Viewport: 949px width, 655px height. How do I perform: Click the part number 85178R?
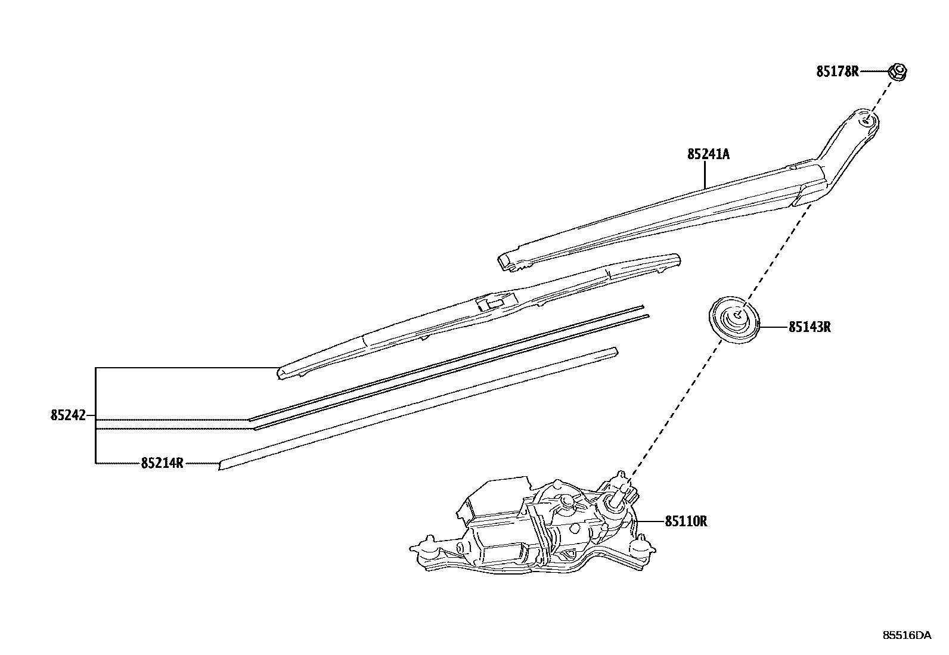click(x=837, y=72)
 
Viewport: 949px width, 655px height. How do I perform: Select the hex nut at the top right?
click(x=897, y=72)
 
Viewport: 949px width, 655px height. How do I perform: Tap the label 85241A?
click(x=708, y=154)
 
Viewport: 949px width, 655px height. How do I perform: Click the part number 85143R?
click(x=810, y=327)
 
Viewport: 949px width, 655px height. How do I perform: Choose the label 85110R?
click(x=686, y=521)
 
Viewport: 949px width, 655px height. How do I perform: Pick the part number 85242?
click(x=68, y=415)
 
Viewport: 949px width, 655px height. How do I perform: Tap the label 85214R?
click(x=162, y=462)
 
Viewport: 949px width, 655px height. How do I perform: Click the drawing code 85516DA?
click(x=906, y=635)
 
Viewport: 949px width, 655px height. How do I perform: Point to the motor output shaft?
click(x=620, y=491)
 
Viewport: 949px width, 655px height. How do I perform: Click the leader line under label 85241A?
click(x=705, y=175)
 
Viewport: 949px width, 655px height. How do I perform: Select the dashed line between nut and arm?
click(x=883, y=95)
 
